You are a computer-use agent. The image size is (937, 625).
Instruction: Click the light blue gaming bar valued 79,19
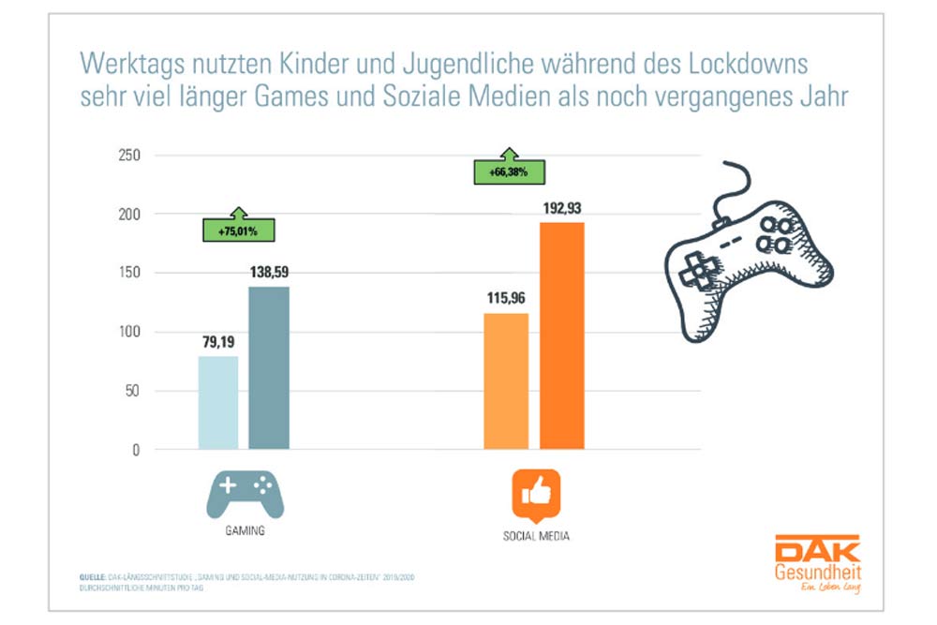[x=217, y=403]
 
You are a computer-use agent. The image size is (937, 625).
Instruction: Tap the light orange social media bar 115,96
[x=506, y=381]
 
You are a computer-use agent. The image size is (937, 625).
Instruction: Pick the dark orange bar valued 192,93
[x=562, y=336]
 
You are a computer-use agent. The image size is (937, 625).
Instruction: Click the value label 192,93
[x=562, y=206]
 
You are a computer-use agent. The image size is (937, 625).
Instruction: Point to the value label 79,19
[x=217, y=341]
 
